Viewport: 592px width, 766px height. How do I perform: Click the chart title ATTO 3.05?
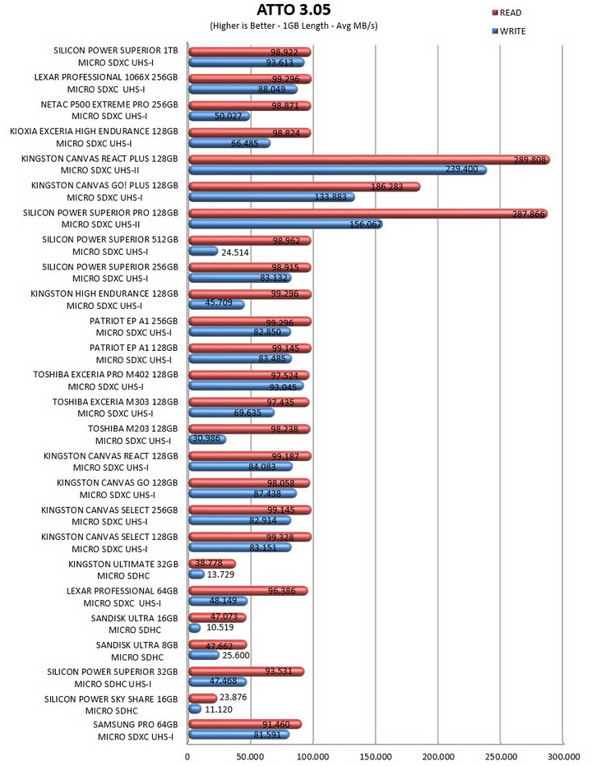click(294, 9)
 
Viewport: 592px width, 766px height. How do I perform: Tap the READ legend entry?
click(507, 12)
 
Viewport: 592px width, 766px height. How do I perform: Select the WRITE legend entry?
click(509, 31)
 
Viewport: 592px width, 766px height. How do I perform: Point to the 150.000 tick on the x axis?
click(376, 757)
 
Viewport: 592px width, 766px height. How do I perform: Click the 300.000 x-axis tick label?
click(563, 757)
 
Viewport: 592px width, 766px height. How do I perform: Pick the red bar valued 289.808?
click(369, 159)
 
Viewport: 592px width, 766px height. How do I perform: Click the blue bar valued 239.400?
click(337, 170)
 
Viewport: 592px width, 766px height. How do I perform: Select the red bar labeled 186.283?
click(304, 187)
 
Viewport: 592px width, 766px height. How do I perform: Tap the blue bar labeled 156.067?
click(285, 224)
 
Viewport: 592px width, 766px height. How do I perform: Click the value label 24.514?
click(235, 252)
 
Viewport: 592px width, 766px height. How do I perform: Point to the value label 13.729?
click(220, 574)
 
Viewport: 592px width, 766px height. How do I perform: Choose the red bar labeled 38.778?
click(212, 564)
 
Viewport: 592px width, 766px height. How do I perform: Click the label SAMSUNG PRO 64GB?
click(136, 724)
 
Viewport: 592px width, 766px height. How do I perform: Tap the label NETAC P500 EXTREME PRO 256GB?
click(109, 104)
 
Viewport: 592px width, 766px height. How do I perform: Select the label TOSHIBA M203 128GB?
click(133, 429)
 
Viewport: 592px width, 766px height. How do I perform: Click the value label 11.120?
click(219, 709)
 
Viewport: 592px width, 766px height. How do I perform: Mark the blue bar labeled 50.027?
click(219, 116)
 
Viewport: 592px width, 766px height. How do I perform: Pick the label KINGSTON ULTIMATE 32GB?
click(123, 565)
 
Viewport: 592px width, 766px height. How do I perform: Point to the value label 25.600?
click(236, 656)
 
